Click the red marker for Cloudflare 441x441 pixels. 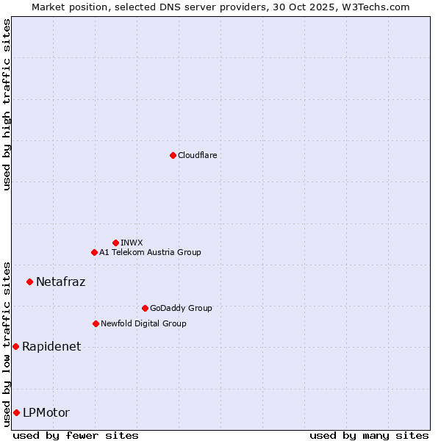click(173, 155)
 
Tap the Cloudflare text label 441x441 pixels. click(197, 155)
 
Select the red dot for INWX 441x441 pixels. click(115, 243)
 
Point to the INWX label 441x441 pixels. click(132, 243)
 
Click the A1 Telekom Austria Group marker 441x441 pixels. click(94, 252)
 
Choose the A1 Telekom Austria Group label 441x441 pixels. click(150, 252)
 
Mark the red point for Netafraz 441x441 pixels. click(29, 282)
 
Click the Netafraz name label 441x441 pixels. click(60, 282)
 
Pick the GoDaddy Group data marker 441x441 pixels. click(145, 308)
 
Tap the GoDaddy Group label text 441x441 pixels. click(180, 308)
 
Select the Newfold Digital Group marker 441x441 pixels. click(96, 323)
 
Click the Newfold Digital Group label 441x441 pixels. click(143, 323)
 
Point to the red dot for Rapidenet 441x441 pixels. click(15, 346)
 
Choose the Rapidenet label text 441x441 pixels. click(51, 346)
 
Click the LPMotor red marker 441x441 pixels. click(16, 412)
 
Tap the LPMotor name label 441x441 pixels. click(46, 412)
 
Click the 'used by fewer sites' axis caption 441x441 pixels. click(76, 435)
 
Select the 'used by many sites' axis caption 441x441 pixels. click(369, 435)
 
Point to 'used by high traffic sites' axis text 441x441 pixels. click(7, 104)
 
